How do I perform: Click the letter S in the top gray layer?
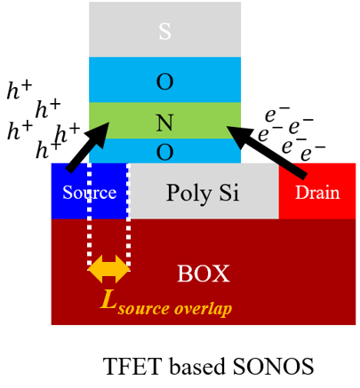[x=164, y=31]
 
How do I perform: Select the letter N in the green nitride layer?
[x=164, y=123]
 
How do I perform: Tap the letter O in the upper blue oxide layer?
[x=164, y=82]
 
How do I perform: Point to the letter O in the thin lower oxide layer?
[x=164, y=152]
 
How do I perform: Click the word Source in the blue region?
[x=90, y=193]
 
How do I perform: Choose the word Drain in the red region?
[x=317, y=193]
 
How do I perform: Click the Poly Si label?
[x=203, y=193]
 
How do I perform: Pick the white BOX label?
[x=204, y=273]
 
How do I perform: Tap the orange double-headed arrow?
[x=109, y=269]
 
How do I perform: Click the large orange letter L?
[x=108, y=299]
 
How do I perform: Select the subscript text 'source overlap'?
[x=175, y=309]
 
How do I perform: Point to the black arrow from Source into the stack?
[x=88, y=147]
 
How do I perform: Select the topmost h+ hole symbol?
[x=19, y=90]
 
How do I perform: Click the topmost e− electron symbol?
[x=277, y=114]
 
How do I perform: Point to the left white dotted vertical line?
[x=89, y=216]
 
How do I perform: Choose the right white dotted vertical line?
[x=128, y=216]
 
